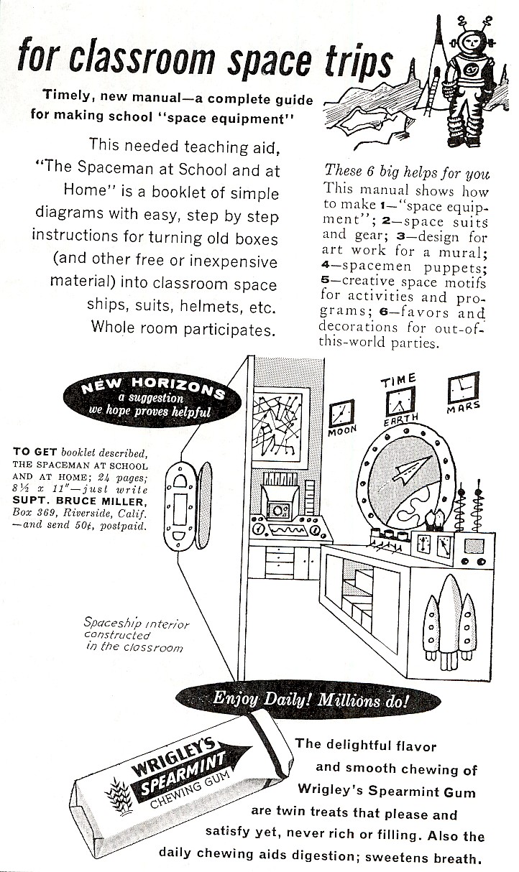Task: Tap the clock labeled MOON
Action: pyautogui.click(x=341, y=414)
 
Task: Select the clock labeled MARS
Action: pyautogui.click(x=463, y=389)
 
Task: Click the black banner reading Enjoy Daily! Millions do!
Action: pyautogui.click(x=311, y=699)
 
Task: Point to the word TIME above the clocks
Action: pyautogui.click(x=399, y=379)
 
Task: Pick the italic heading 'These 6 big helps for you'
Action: pyautogui.click(x=407, y=172)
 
